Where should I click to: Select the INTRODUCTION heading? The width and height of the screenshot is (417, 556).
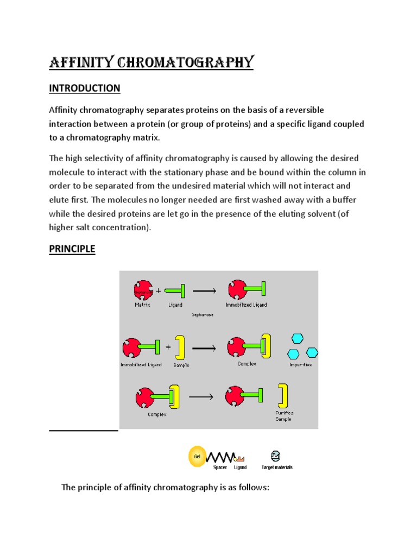pyautogui.click(x=84, y=88)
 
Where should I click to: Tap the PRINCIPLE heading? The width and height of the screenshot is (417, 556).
pyautogui.click(x=72, y=249)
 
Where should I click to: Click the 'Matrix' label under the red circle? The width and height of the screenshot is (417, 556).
pyautogui.click(x=143, y=305)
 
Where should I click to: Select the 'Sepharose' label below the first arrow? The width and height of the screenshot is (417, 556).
pyautogui.click(x=202, y=314)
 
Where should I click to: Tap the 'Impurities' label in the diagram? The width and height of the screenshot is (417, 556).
pyautogui.click(x=300, y=364)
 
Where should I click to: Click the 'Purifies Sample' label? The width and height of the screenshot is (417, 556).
pyautogui.click(x=285, y=416)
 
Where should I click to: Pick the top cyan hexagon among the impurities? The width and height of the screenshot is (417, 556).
pyautogui.click(x=297, y=338)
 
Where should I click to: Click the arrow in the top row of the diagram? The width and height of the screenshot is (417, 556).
pyautogui.click(x=205, y=291)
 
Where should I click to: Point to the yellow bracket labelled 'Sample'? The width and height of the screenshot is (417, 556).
pyautogui.click(x=181, y=347)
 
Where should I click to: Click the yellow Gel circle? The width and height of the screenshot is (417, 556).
pyautogui.click(x=197, y=456)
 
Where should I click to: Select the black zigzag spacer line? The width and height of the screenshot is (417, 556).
pyautogui.click(x=220, y=457)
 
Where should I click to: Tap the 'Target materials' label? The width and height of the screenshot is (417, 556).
pyautogui.click(x=276, y=467)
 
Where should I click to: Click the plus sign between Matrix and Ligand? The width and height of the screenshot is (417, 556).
pyautogui.click(x=159, y=291)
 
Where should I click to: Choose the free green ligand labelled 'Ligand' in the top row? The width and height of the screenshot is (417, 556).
pyautogui.click(x=175, y=292)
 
